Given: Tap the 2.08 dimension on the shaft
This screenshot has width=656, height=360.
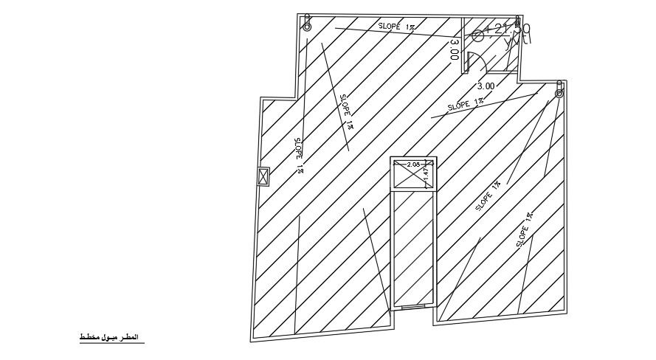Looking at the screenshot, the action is [x=412, y=165].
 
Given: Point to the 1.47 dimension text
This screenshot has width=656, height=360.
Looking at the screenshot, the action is [x=426, y=174].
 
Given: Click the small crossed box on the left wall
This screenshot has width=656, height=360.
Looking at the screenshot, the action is [x=263, y=177].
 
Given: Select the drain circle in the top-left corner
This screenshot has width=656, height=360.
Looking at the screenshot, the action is [x=307, y=27].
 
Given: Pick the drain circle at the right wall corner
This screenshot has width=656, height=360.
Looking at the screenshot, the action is [x=559, y=93].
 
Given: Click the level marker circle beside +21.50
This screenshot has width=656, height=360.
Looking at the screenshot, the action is [x=477, y=35].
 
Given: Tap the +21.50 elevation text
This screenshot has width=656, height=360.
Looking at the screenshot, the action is [x=508, y=30].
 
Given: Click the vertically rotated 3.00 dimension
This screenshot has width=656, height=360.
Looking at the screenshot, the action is [x=454, y=49].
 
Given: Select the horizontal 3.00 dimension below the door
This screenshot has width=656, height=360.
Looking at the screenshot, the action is [x=486, y=85].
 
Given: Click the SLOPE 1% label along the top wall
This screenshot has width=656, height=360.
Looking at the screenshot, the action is [x=398, y=27].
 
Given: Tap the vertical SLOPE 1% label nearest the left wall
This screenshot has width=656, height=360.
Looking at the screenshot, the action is [x=299, y=155].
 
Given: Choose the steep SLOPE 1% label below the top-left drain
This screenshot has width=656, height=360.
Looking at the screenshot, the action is [x=347, y=112].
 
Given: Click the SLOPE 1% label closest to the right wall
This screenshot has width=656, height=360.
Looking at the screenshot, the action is [x=525, y=229].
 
